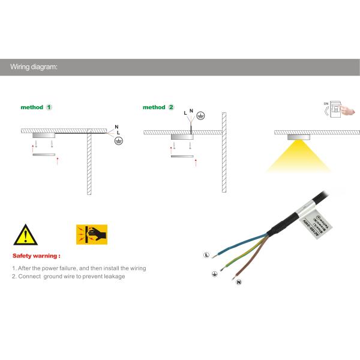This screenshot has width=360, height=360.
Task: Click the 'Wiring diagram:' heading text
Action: coord(34,67)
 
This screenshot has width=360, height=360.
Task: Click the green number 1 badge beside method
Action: coord(49,107)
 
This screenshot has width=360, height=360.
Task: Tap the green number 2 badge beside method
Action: coord(171,107)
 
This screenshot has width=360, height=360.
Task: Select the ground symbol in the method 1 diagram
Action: coord(119,139)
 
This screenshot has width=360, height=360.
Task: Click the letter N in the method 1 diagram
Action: coord(116,126)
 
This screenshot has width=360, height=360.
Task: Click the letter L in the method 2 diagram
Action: coord(185,113)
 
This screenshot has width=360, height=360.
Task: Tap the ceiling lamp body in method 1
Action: coord(44,136)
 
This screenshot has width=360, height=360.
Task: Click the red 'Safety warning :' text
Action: coord(36,255)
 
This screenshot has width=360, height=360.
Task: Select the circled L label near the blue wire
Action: coord(206,255)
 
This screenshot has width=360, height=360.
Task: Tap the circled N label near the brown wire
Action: coord(238,282)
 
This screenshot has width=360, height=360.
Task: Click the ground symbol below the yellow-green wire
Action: coord(214,274)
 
